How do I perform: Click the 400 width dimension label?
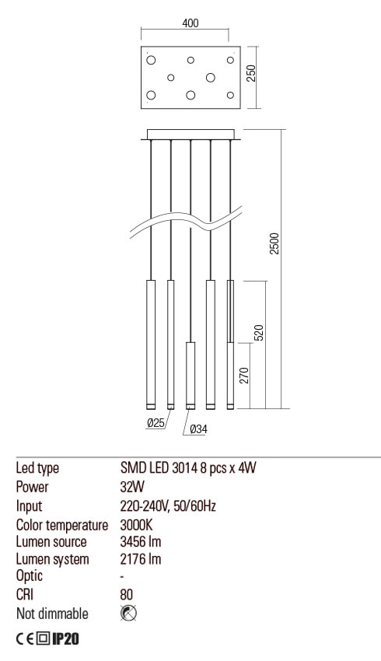coord(190,23)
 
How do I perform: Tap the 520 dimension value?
coord(260,332)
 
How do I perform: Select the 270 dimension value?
coord(243,376)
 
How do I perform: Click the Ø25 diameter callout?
coord(156,423)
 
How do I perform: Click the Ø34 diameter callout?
coord(198,428)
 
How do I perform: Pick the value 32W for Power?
coord(132,488)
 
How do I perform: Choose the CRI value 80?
coord(128,596)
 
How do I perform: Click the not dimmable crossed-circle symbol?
coord(129,614)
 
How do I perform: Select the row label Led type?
coord(37,469)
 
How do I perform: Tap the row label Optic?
coord(30,577)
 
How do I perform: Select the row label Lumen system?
coord(53,559)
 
